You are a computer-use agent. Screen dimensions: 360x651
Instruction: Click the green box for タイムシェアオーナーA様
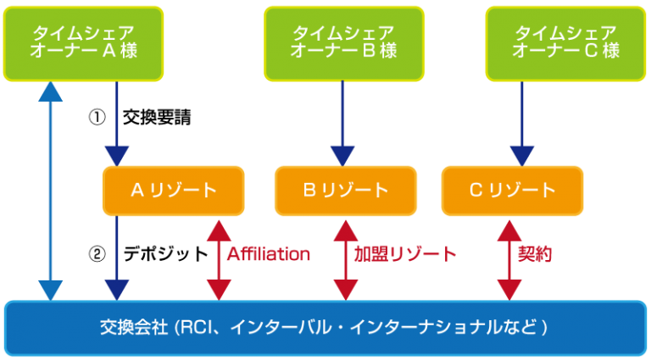(83, 42)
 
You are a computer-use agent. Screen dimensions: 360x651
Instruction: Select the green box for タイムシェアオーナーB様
(343, 42)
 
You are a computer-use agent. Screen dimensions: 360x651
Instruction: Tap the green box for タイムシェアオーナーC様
(565, 42)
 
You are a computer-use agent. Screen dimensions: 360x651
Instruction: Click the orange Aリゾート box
(174, 191)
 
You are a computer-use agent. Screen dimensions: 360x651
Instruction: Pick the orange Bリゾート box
(346, 191)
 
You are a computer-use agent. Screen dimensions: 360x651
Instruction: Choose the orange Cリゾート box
(512, 191)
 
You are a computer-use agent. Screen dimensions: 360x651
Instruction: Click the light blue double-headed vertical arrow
(52, 191)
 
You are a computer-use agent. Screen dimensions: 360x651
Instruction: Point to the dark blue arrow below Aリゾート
(116, 258)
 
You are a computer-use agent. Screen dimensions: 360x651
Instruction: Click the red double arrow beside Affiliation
(219, 258)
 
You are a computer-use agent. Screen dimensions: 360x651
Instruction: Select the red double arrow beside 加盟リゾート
(346, 258)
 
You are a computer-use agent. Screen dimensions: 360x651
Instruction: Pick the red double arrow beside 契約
(509, 258)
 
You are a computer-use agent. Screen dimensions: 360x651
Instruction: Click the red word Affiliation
(268, 254)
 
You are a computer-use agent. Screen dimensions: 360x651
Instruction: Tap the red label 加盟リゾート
(405, 254)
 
